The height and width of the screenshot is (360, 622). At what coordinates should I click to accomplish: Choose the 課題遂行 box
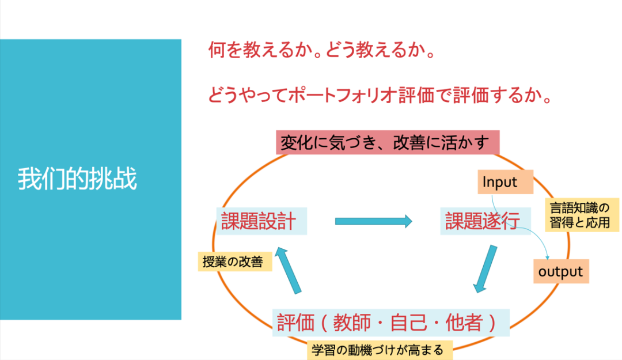[x=483, y=221]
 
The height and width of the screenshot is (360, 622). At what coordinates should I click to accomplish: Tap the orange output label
[x=560, y=271]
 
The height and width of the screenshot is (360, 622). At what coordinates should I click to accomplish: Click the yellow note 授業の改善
[x=233, y=262]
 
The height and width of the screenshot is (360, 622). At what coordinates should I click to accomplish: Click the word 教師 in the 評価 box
[x=347, y=323]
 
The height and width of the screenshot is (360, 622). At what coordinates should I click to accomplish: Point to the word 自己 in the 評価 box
[x=409, y=323]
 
